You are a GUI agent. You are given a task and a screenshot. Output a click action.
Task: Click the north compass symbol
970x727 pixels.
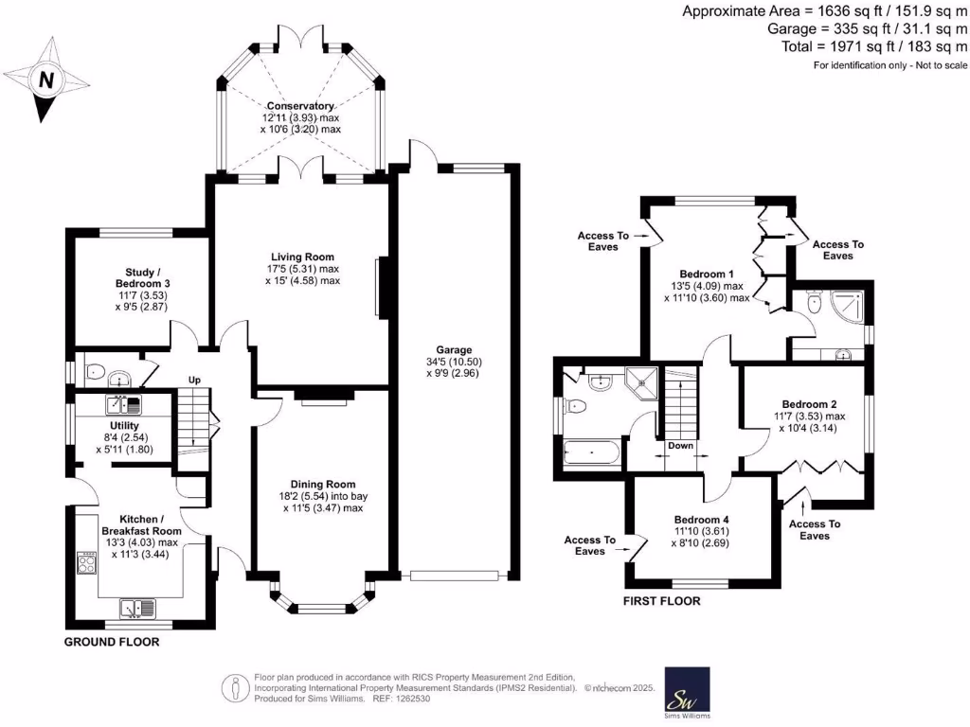pyautogui.click(x=44, y=80)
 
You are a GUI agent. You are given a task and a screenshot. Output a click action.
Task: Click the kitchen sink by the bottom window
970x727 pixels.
pyautogui.click(x=138, y=608)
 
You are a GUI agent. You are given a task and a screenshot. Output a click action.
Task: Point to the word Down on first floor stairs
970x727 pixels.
pyautogui.click(x=679, y=446)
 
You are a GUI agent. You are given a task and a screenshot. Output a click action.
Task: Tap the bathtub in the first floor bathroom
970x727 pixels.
pyautogui.click(x=592, y=452)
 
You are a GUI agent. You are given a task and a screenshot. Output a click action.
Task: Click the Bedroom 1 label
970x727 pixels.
pyautogui.click(x=706, y=272)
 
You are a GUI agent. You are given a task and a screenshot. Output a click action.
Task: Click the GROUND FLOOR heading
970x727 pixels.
pyautogui.click(x=111, y=642)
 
